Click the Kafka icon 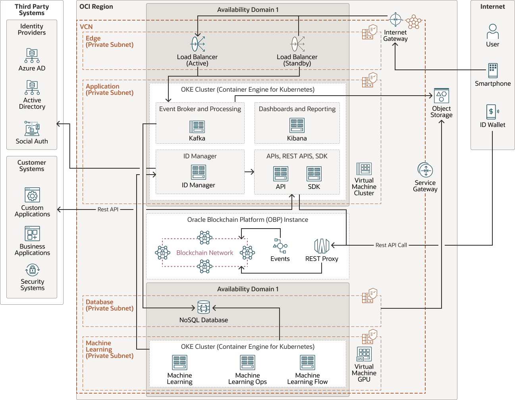(197, 127)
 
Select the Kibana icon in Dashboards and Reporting (297, 126)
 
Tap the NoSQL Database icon (204, 308)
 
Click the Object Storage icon (441, 96)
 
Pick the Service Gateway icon (425, 171)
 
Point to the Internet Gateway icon (395, 19)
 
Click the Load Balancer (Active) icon (198, 44)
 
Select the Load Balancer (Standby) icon (297, 44)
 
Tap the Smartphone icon (493, 71)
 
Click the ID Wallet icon (492, 112)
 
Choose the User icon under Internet (492, 31)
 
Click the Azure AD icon (32, 56)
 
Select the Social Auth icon (32, 129)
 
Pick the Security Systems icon (32, 270)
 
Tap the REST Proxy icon (322, 246)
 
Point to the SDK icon (314, 174)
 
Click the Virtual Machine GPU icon (364, 354)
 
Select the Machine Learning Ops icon (247, 363)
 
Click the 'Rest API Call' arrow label (391, 245)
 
